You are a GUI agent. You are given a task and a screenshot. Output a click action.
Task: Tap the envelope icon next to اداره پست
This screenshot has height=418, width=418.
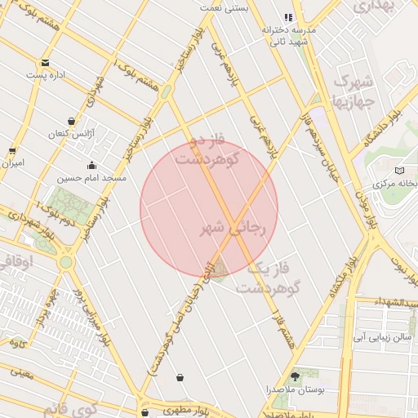click(x=44, y=63)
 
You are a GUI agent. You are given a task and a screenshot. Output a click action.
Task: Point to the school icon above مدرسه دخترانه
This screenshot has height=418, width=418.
click(x=287, y=17)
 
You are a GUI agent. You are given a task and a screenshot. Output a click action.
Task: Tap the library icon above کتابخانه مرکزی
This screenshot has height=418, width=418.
click(x=399, y=171)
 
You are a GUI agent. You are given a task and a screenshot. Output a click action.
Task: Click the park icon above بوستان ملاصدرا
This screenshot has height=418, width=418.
click(x=295, y=376)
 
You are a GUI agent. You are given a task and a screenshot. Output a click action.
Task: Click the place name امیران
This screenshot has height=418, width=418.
click(x=12, y=164)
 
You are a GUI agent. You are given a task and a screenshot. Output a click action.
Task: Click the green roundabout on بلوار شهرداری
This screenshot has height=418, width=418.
click(x=66, y=262)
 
